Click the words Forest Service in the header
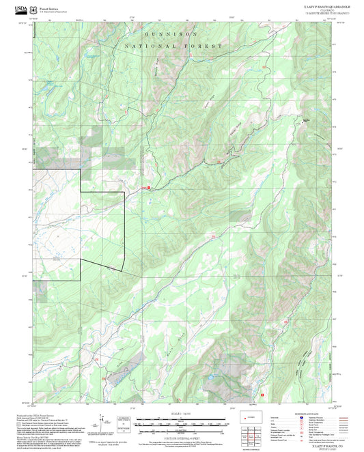(48, 8)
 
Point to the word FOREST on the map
(204, 45)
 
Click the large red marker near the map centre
(148, 188)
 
